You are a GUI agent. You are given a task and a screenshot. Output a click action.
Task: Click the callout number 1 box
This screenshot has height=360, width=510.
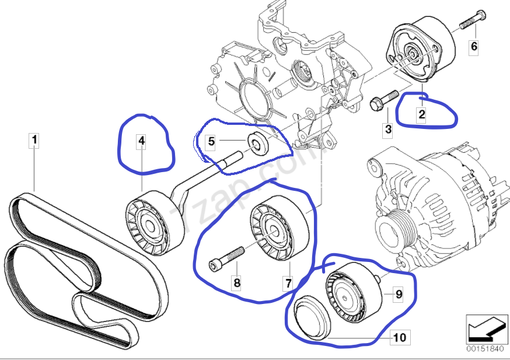(x=34, y=140)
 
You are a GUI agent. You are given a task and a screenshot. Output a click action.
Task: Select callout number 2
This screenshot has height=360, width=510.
(x=421, y=115)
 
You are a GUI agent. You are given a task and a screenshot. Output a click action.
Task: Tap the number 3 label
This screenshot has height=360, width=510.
(x=387, y=130)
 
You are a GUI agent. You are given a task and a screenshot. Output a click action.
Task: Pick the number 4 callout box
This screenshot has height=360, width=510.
(x=141, y=140)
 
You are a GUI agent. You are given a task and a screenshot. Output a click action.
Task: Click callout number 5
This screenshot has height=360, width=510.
(x=212, y=141)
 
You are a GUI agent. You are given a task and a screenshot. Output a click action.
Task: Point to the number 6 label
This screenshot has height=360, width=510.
(x=474, y=46)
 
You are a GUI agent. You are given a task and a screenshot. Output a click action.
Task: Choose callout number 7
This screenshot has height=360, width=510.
(x=288, y=283)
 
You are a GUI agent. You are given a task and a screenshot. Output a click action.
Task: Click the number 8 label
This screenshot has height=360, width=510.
(x=236, y=284)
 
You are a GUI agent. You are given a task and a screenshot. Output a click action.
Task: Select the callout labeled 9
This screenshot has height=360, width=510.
(x=399, y=294)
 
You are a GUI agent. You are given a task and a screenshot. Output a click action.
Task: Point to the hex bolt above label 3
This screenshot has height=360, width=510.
(x=383, y=99)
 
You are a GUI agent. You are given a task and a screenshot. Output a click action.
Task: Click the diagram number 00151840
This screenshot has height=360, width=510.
(x=483, y=349)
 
